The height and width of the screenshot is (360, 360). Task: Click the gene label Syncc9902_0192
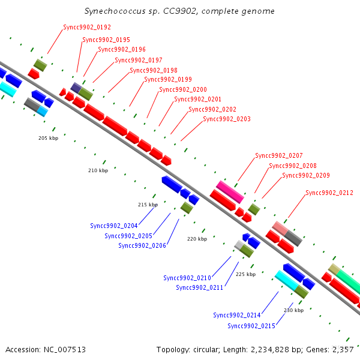87,27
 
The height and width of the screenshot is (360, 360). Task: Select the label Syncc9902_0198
154,70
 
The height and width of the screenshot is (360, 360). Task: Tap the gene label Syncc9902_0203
227,119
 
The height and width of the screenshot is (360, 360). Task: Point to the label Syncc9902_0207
279,155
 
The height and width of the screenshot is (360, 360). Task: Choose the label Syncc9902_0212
329,193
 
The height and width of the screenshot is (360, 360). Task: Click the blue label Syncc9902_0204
114,226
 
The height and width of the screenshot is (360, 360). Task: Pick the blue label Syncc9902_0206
142,245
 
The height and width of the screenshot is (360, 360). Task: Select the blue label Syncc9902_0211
200,287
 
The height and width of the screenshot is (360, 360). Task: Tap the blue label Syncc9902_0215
251,326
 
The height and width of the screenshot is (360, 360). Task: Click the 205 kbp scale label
48,138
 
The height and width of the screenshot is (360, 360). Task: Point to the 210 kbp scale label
98,170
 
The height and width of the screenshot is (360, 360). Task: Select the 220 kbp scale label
197,239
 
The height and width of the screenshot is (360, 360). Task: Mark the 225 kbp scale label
245,274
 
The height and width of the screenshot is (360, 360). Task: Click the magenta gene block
230,192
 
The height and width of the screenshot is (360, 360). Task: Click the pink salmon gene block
280,228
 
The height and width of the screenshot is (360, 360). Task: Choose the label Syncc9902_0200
183,89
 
